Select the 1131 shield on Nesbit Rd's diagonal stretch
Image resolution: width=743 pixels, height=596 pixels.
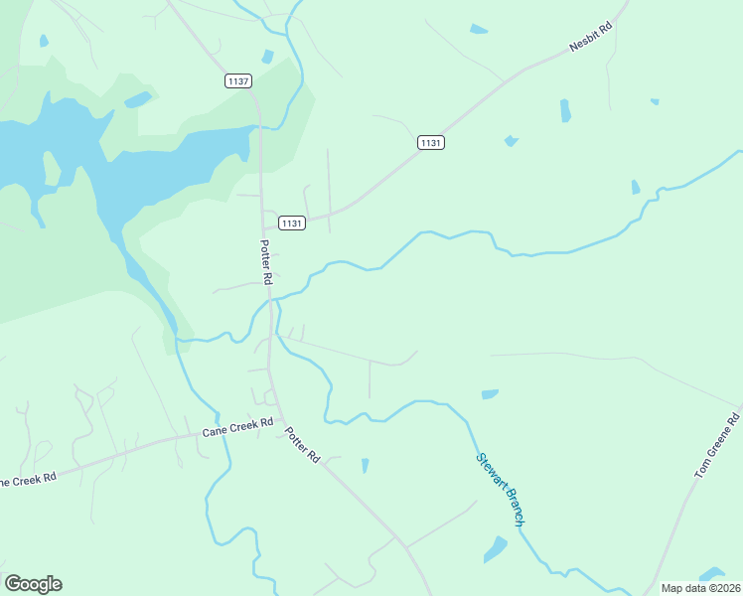[430, 143]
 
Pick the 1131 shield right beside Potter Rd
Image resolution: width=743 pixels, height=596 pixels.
[291, 223]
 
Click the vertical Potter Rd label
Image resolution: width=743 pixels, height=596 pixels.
[265, 262]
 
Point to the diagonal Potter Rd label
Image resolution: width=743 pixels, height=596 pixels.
[303, 444]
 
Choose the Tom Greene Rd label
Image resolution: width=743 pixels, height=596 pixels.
[718, 449]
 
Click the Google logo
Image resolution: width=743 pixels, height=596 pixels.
[33, 584]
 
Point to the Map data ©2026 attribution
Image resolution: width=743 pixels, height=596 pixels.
[699, 588]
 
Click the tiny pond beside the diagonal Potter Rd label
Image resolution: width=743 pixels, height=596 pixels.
[366, 465]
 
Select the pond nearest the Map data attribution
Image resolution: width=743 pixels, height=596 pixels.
[711, 573]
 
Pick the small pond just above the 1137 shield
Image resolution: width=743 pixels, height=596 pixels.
[266, 57]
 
